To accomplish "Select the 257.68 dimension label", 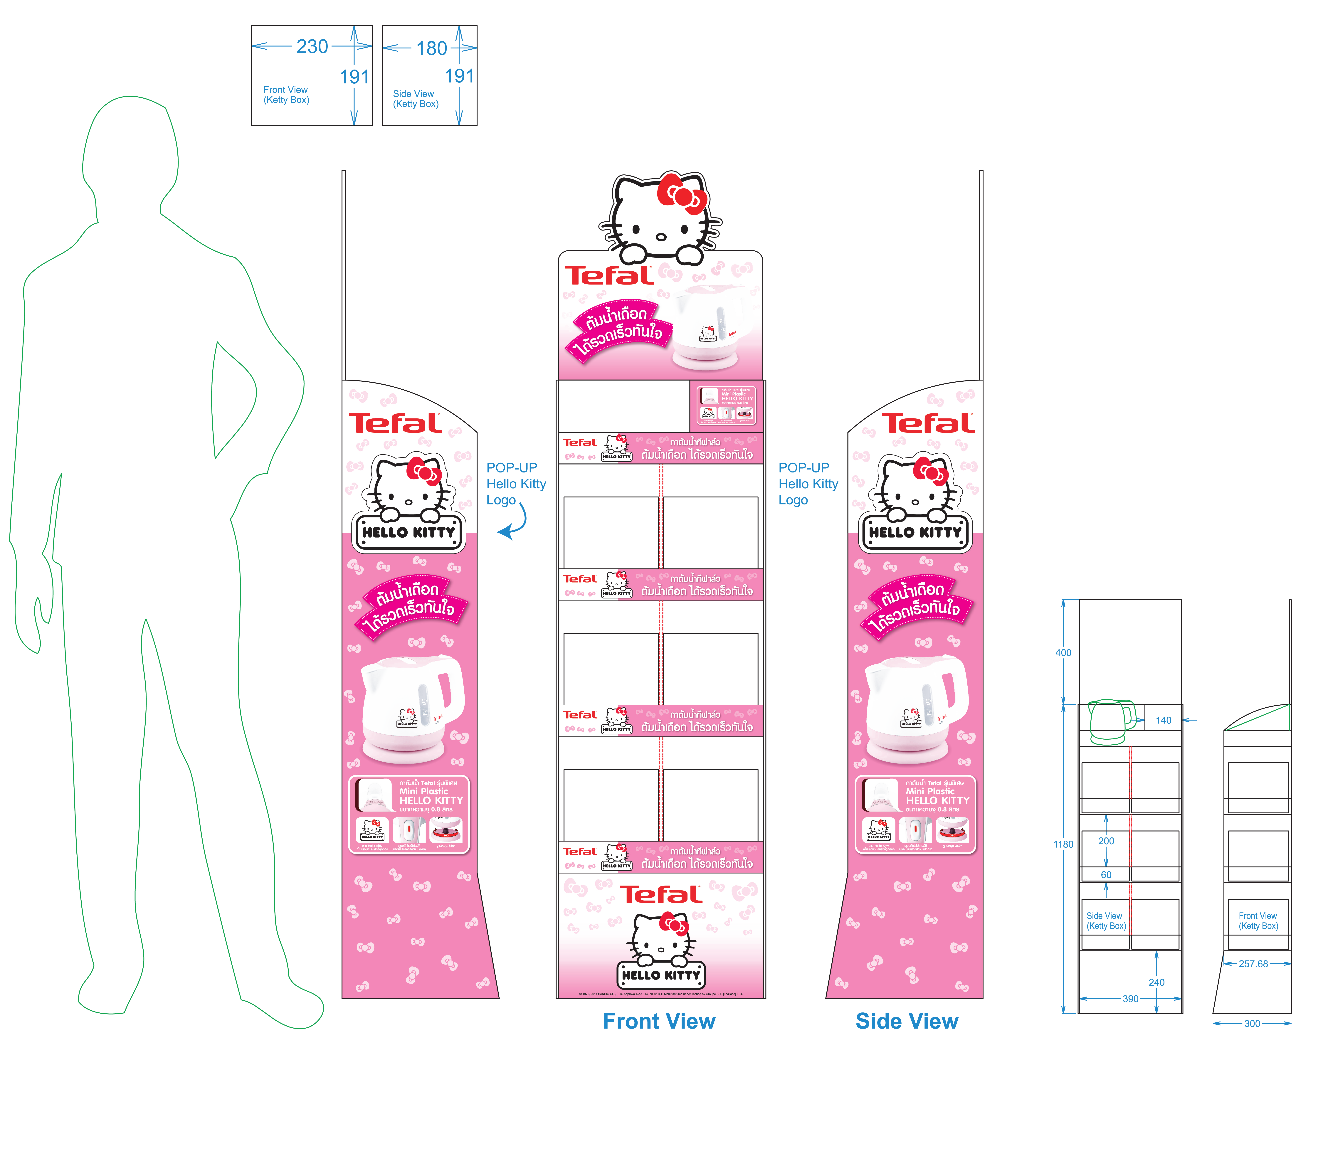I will coord(1253,964).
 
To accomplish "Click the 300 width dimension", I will coord(1252,1024).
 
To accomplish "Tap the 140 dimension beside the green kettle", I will coord(1163,720).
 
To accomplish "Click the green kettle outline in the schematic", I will coord(1110,721).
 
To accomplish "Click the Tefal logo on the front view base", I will coord(660,895).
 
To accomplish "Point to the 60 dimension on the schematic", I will coord(1106,874).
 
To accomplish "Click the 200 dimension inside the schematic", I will coord(1106,841).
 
